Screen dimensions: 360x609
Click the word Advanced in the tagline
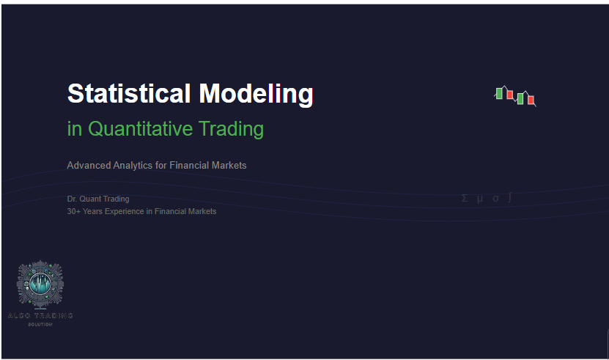88,166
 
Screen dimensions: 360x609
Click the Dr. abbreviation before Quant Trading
72,199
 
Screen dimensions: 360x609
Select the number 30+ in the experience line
74,211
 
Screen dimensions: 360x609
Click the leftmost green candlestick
499,93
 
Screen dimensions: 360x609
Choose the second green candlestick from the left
520,98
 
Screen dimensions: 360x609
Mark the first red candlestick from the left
509,94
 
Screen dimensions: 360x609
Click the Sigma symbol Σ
465,198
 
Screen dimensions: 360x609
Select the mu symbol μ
480,199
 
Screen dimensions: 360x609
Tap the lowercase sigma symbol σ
495,199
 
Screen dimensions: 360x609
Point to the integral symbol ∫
510,198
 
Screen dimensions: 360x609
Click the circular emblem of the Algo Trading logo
41,285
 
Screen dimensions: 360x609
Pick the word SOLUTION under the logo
41,324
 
